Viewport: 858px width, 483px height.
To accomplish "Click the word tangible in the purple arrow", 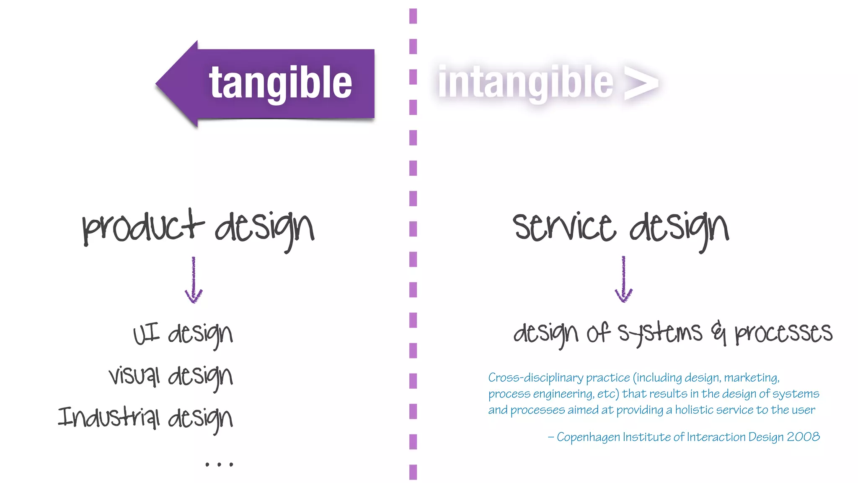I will [280, 83].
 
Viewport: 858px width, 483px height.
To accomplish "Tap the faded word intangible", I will [525, 83].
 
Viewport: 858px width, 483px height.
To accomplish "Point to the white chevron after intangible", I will [641, 83].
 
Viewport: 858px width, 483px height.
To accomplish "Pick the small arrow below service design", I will [623, 280].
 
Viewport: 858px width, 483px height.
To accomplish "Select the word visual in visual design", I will [134, 375].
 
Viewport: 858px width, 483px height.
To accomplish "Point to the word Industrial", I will [109, 418].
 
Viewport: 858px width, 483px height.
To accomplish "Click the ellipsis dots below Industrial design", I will [219, 464].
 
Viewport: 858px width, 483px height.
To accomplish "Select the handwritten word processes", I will [783, 333].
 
